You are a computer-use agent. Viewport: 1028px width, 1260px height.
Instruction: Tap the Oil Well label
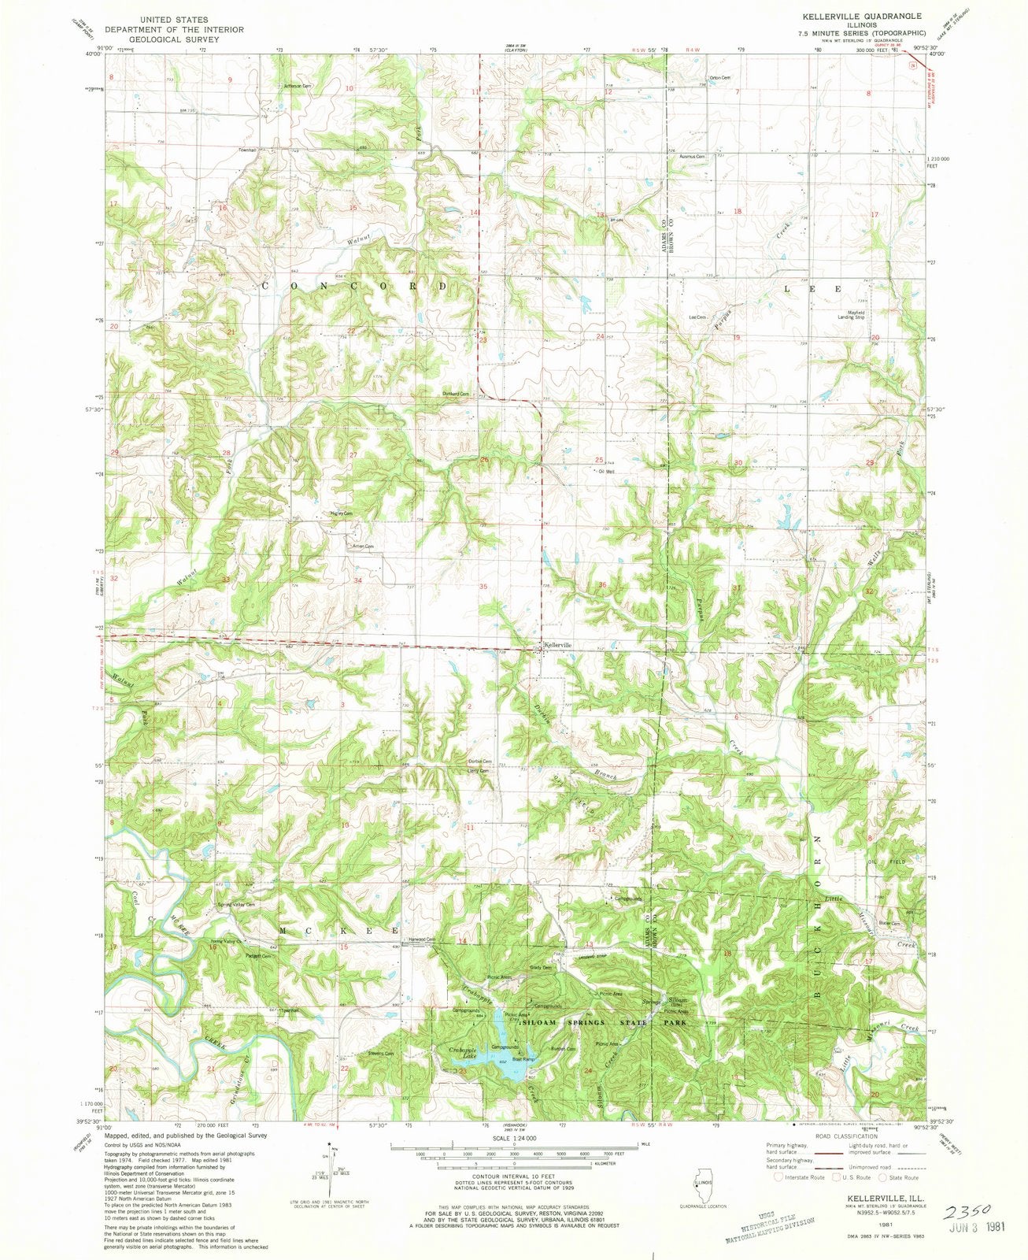pyautogui.click(x=606, y=472)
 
